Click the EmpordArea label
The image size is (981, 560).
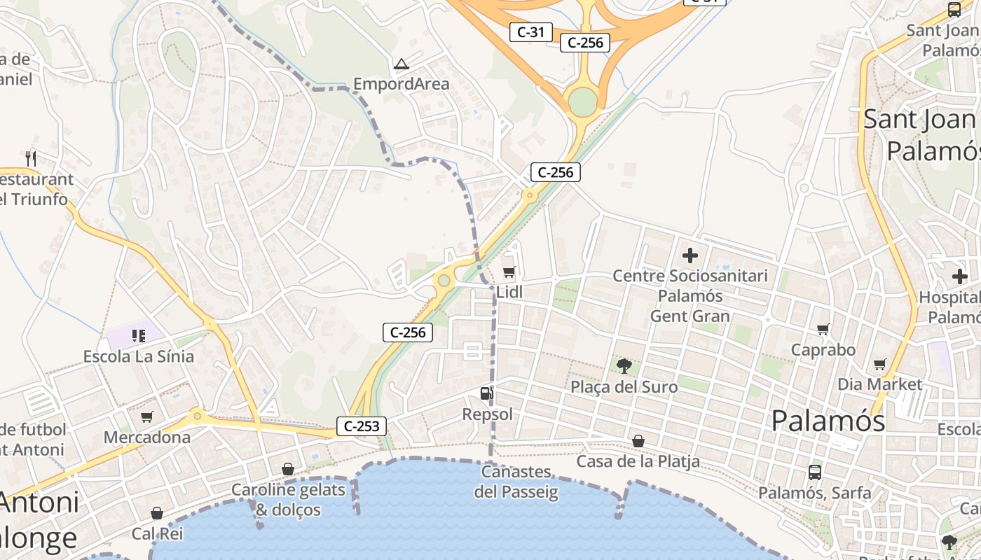[x=401, y=84]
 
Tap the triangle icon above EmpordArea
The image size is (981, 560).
[x=401, y=64]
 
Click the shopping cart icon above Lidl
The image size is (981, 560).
[x=509, y=272]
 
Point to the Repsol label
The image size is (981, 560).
[x=487, y=414]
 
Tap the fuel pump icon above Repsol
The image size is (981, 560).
[x=486, y=394]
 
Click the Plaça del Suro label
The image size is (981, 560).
[x=624, y=387]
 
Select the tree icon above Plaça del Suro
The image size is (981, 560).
[x=624, y=365]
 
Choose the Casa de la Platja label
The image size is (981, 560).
[x=638, y=461]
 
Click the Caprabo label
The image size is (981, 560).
[x=823, y=349]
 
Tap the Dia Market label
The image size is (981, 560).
[x=880, y=384]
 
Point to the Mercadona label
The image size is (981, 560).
[x=147, y=437]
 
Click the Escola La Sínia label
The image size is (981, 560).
[x=139, y=356]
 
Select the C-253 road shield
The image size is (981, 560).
[x=362, y=426]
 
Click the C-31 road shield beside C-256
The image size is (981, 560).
[x=530, y=31]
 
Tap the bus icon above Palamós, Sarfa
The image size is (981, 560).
[x=814, y=472]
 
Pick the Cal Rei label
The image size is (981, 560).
[x=157, y=533]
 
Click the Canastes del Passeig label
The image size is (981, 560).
[x=516, y=482]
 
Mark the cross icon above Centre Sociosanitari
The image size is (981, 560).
[x=690, y=255]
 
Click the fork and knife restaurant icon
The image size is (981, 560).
[x=30, y=159]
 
